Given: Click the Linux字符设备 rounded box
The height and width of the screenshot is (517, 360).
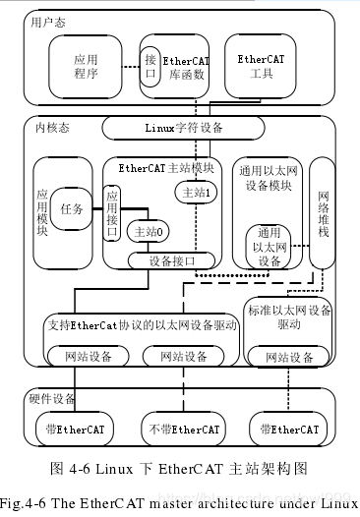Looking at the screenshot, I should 183,128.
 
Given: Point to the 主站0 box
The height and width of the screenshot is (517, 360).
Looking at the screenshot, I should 144,232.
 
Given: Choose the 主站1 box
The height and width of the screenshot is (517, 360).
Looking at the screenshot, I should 196,192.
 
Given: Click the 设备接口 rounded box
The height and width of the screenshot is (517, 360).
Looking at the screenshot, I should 172,260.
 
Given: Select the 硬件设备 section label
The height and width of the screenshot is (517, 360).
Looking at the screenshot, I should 50,399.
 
